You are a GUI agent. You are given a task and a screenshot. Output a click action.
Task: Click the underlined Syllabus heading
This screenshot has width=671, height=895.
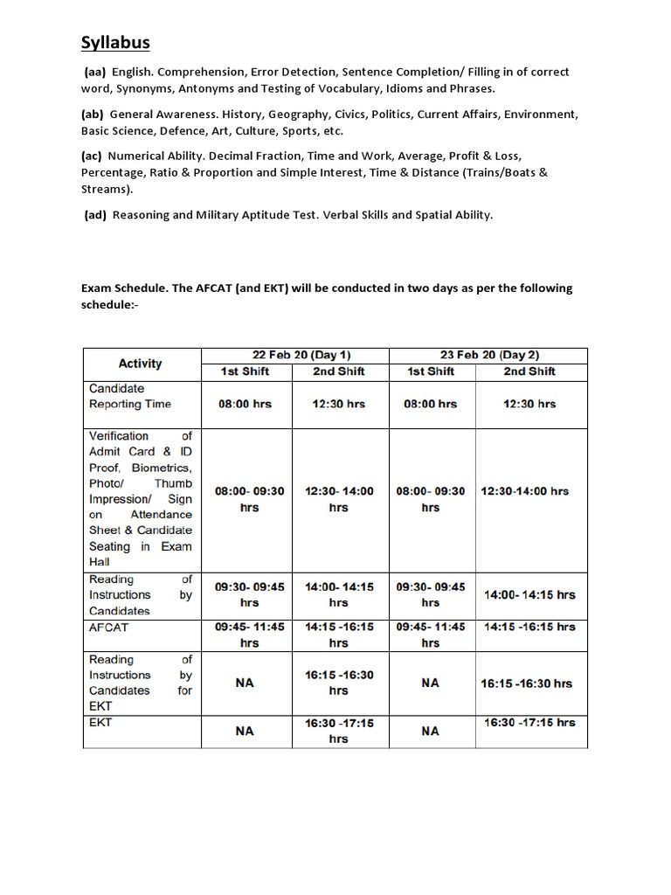point(116,43)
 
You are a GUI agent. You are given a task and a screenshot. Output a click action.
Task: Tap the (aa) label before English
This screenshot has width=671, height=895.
point(95,72)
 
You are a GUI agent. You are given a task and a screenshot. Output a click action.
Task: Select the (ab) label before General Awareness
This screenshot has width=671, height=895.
point(92,114)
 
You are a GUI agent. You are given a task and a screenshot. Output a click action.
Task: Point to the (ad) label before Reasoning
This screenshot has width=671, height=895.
point(95,215)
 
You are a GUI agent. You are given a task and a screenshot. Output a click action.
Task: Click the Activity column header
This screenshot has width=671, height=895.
point(140,363)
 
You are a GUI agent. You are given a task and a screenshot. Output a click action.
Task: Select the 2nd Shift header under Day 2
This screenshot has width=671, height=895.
point(529,371)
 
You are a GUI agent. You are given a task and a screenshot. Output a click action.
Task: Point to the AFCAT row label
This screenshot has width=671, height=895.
point(108,627)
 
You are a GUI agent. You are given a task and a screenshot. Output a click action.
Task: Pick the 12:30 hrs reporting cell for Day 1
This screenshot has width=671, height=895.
point(338,404)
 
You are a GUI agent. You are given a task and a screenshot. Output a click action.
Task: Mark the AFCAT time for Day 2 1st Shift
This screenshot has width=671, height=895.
point(430,635)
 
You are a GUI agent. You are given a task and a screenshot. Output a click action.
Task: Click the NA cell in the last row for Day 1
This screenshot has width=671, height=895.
point(245,731)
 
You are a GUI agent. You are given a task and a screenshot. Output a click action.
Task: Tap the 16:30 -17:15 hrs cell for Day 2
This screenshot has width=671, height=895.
point(530,723)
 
